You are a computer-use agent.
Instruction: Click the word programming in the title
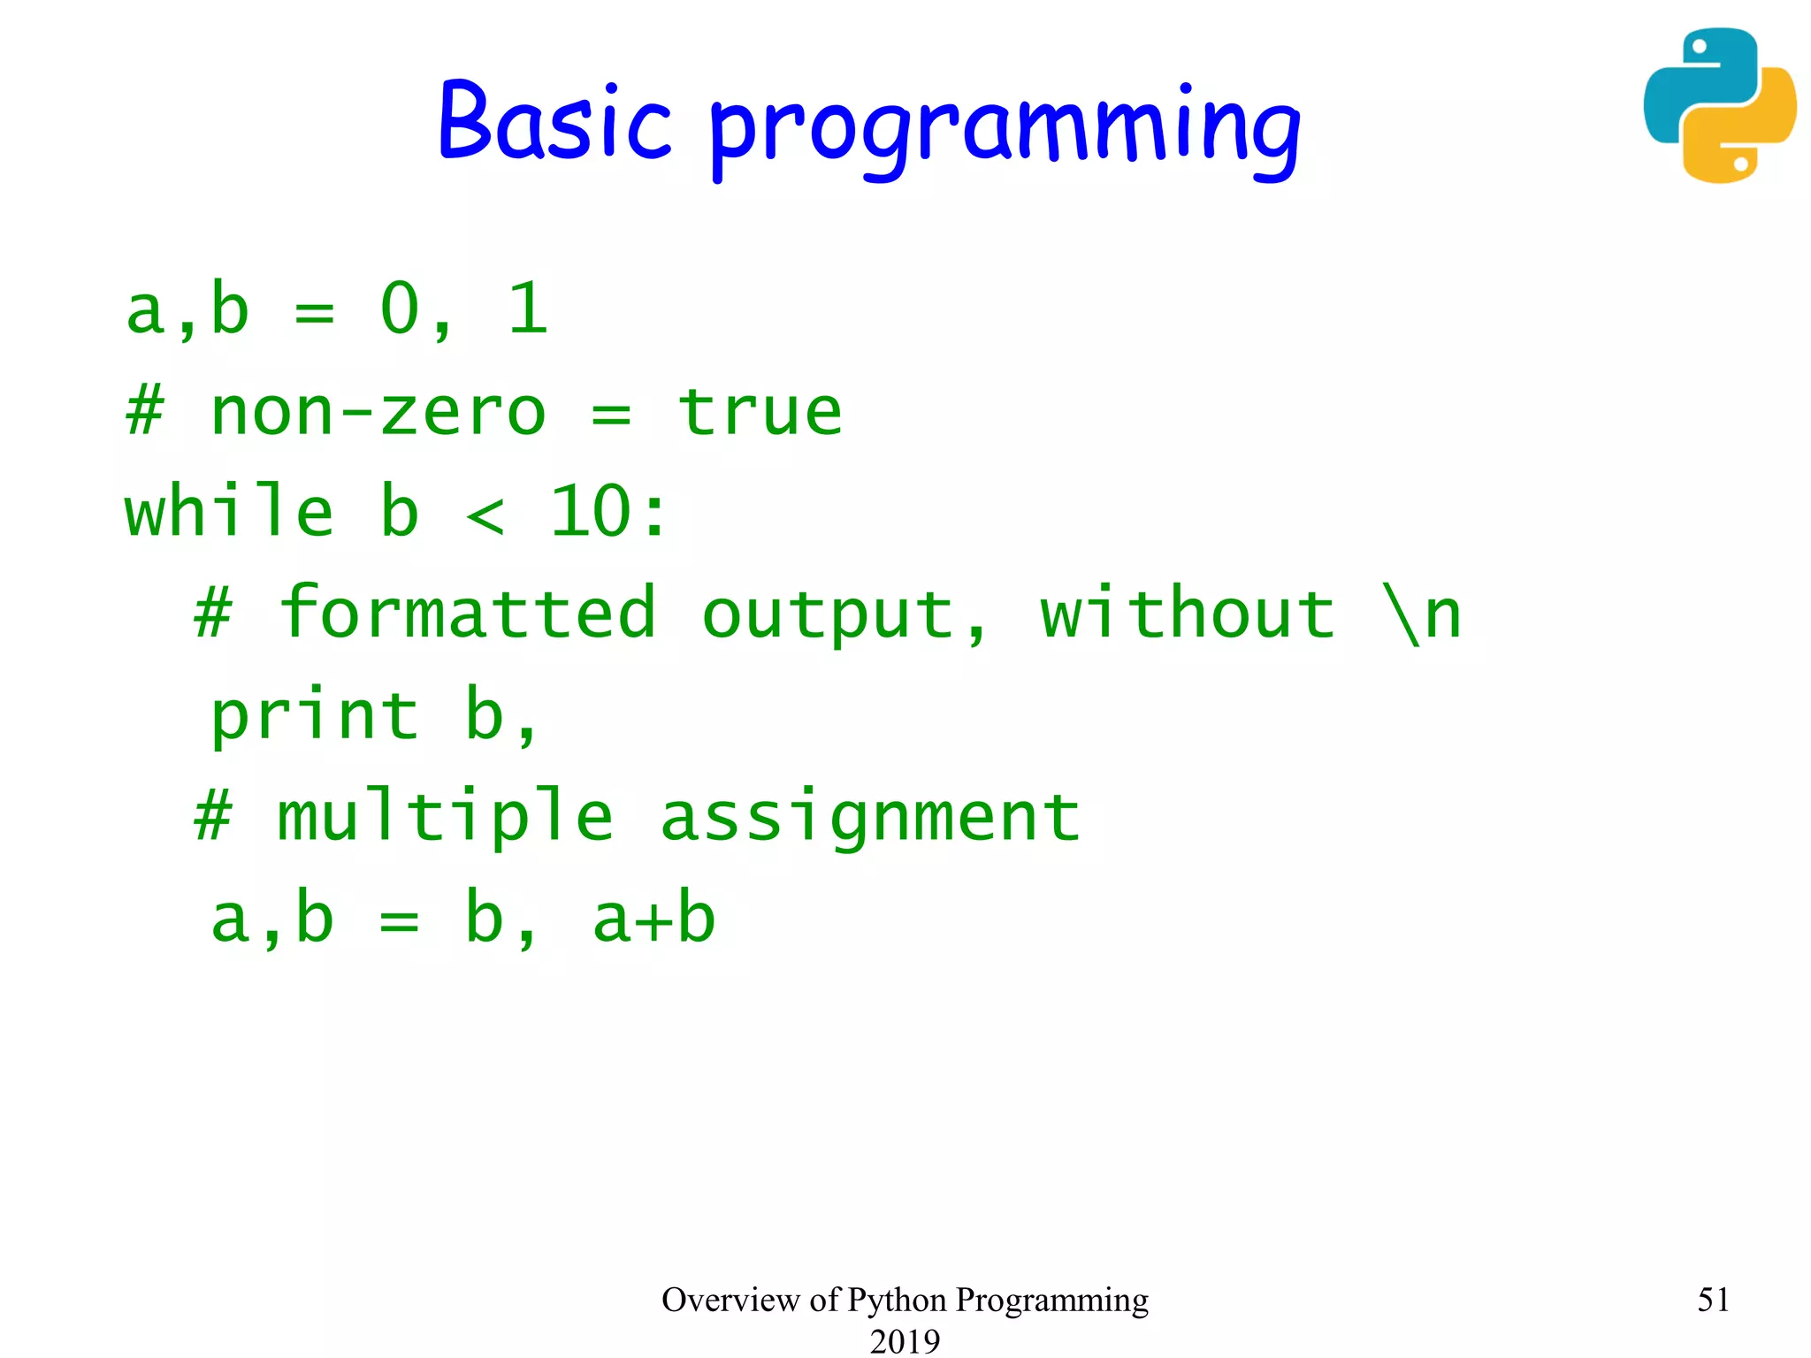(1005, 128)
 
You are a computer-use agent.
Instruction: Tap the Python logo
(1719, 105)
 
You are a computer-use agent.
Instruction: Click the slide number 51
(1713, 1299)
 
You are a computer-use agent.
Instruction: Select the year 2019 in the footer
(905, 1340)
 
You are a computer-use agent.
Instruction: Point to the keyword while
(229, 512)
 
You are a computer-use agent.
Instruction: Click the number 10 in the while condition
(590, 512)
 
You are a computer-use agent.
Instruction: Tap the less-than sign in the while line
(485, 515)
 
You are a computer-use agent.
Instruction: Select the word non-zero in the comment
(378, 413)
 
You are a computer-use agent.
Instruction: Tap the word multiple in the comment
(445, 816)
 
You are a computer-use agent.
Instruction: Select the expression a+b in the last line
(653, 919)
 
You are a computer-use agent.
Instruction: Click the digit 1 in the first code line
(528, 309)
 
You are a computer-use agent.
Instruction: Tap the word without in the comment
(1187, 613)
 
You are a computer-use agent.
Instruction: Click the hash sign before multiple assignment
(213, 816)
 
